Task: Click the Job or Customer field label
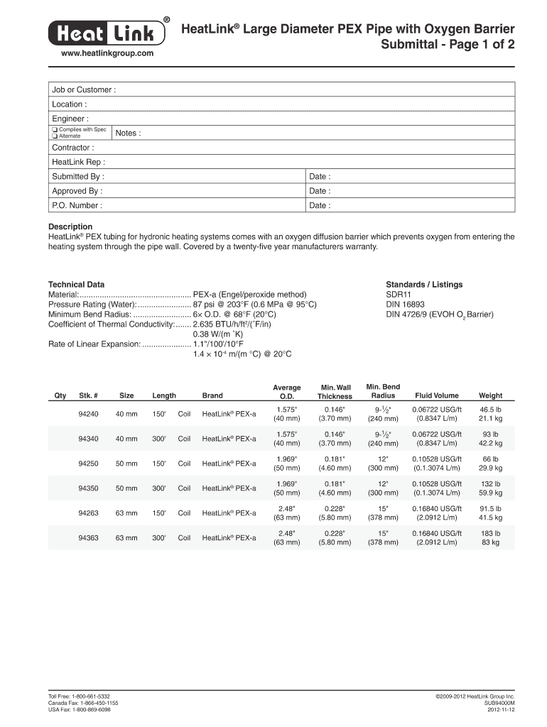coord(83,90)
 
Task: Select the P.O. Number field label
coord(77,206)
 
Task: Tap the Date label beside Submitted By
coord(319,177)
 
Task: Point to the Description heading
coord(70,227)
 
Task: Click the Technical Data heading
coord(76,285)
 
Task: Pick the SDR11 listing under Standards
coord(399,295)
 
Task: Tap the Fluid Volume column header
coord(437,395)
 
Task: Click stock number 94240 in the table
coord(88,414)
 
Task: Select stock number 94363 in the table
coord(88,538)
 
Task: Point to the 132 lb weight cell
coord(490,483)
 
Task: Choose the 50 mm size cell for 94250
coord(126,464)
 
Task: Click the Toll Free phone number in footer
coord(79,697)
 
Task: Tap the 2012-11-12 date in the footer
coord(499,710)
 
